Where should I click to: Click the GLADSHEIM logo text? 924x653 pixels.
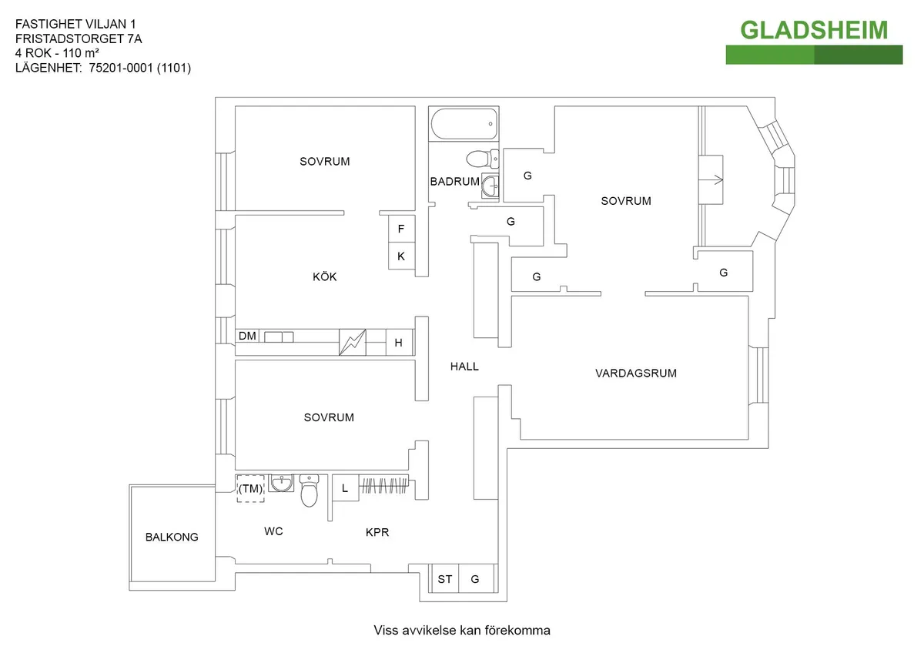coord(814,30)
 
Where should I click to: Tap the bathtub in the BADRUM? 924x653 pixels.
coord(463,123)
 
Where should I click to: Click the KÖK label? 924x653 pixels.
coord(325,277)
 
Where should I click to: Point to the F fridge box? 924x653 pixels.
coord(401,229)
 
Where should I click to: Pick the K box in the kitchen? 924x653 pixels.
coord(401,256)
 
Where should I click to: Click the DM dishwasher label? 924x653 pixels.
coord(247,337)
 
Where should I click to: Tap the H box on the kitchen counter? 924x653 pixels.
coord(398,343)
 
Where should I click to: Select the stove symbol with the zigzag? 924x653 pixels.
coord(352,342)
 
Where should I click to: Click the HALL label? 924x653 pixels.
coord(464,367)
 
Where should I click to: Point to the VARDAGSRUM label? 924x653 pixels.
coord(636,373)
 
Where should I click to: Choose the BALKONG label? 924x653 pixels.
coord(172,537)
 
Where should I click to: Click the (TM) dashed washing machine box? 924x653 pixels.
coord(250,488)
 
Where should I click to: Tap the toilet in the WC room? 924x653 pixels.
coord(310,491)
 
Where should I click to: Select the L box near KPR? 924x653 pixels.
coord(345,488)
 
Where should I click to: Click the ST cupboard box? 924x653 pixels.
coord(445,579)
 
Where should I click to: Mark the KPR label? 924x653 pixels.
coord(377,532)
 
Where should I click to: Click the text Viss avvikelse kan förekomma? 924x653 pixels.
coord(462,631)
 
